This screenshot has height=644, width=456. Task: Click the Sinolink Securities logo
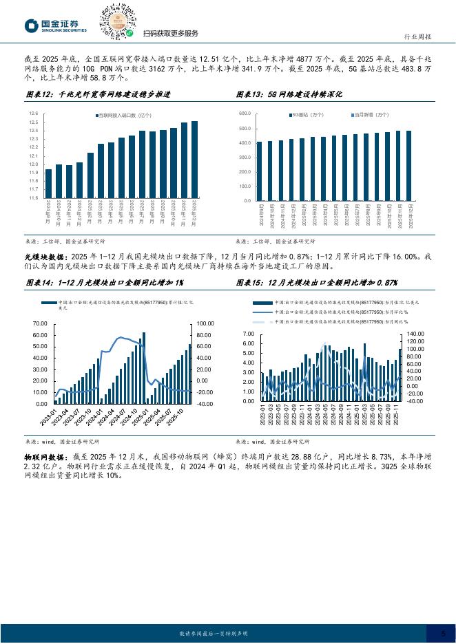click(57, 25)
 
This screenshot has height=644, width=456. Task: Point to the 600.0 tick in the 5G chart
click(244, 113)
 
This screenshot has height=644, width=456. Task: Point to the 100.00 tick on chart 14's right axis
click(205, 323)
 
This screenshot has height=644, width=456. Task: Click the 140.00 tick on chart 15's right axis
click(417, 333)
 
